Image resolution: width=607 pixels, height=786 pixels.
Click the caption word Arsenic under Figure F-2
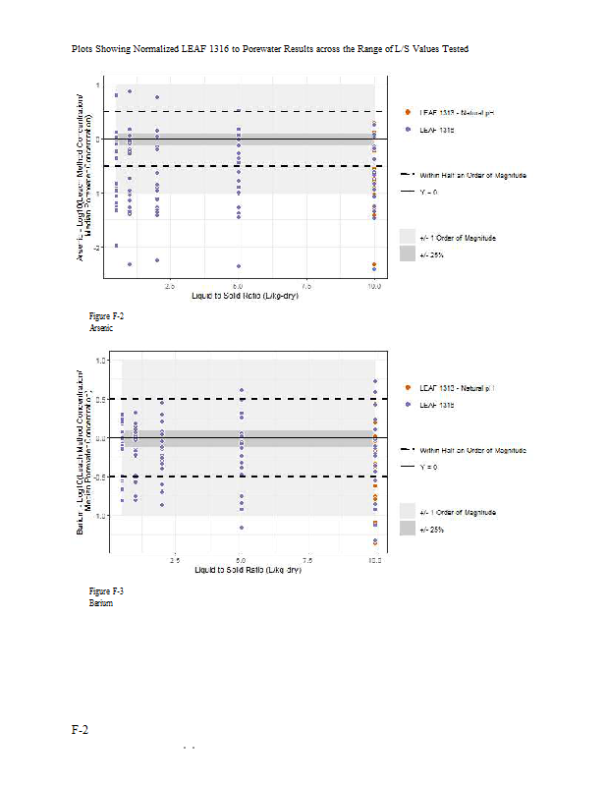101,328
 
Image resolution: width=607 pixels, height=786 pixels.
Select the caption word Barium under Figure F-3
100,602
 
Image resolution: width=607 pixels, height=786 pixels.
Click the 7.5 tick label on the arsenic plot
306,286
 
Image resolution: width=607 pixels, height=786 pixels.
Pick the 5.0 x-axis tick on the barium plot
240,559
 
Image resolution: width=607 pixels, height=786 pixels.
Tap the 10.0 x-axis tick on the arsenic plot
374,286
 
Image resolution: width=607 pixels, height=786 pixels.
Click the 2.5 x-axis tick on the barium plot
174,559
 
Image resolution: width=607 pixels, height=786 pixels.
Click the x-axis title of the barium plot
247,570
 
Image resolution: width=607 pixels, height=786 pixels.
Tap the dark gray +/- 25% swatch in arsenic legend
408,253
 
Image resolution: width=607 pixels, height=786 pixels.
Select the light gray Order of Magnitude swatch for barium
408,512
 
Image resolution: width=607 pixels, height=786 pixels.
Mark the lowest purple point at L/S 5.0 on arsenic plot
239,265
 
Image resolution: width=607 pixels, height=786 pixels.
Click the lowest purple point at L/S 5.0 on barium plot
241,528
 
